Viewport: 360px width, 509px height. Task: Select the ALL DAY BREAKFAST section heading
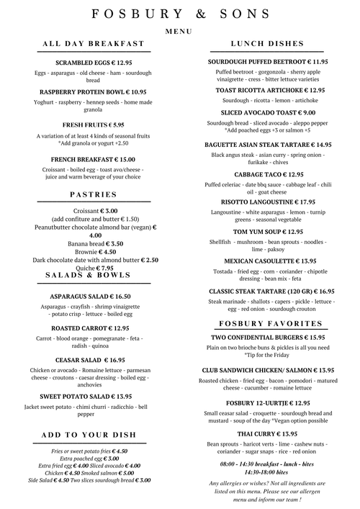(94, 45)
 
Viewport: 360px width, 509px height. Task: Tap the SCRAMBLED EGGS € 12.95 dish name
(94, 63)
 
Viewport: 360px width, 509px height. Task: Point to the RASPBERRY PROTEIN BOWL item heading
(94, 92)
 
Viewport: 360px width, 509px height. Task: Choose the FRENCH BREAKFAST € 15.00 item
(94, 159)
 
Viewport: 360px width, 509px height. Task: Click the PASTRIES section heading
(94, 194)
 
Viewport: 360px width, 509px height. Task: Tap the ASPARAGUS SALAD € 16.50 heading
(90, 296)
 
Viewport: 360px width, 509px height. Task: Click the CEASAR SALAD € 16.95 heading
(90, 359)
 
